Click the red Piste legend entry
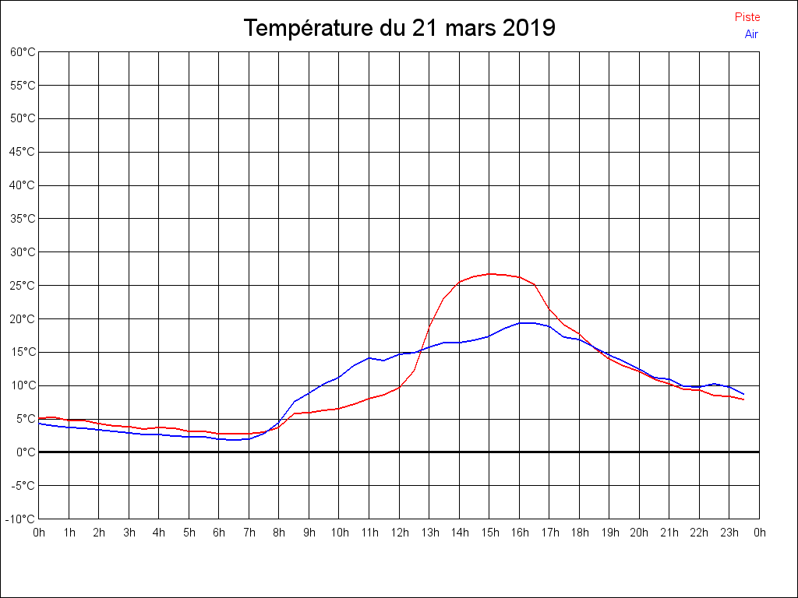tap(747, 17)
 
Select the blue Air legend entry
tap(751, 34)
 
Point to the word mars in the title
tap(470, 29)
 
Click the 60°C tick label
tap(23, 52)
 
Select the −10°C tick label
tap(22, 519)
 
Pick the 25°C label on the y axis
tap(23, 286)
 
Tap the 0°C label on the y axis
tap(26, 452)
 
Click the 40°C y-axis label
tap(23, 185)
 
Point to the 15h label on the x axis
tap(489, 533)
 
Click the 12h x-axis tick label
tap(399, 533)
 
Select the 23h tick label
tap(729, 533)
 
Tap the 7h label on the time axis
tap(249, 533)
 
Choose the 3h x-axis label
tap(129, 533)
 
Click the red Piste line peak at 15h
tap(490, 274)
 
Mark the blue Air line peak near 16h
tap(526, 322)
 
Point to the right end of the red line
tap(744, 399)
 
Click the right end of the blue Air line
tap(744, 394)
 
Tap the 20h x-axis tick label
tap(639, 533)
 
